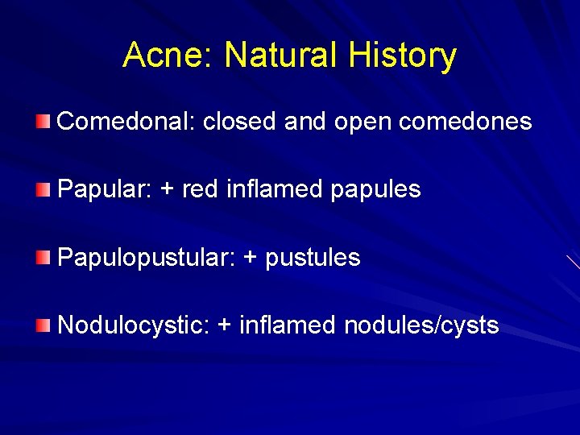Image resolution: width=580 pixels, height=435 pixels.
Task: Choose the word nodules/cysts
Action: [421, 326]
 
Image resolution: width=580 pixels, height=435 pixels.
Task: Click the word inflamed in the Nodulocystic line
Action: [288, 325]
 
